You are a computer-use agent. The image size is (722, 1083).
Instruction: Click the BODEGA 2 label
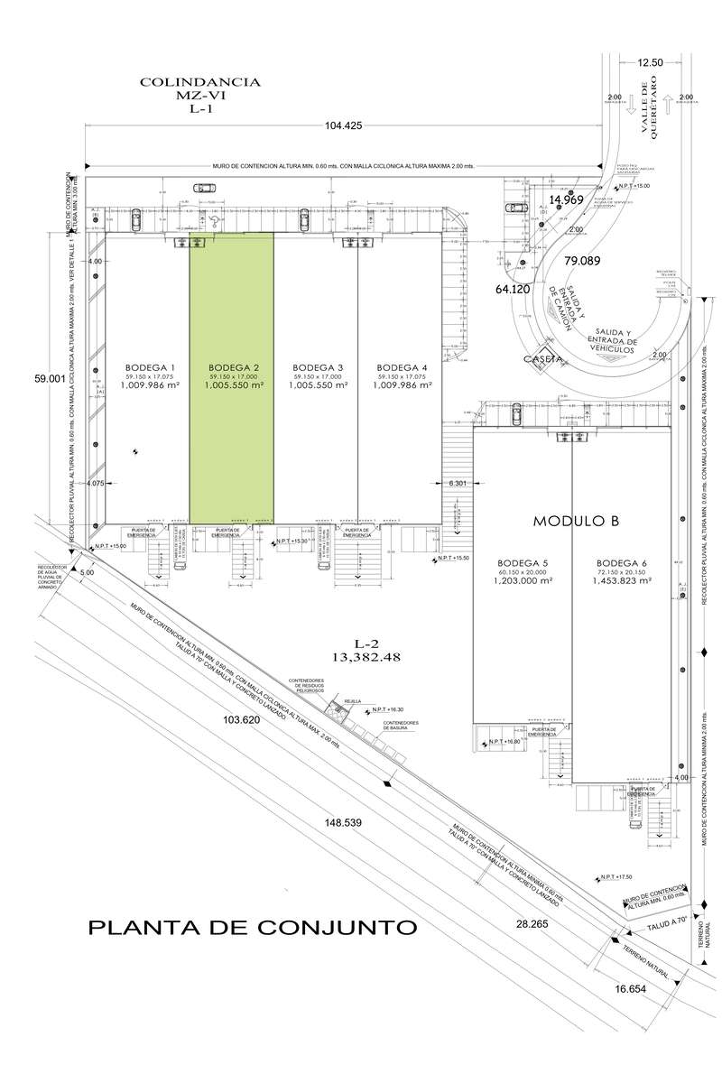click(234, 367)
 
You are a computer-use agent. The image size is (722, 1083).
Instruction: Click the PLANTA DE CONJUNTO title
click(252, 927)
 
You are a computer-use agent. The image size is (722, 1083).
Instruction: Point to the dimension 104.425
click(342, 126)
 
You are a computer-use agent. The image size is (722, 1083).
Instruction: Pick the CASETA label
click(542, 358)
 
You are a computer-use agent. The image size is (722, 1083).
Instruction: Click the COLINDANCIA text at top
click(200, 82)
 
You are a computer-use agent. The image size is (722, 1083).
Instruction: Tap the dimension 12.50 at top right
click(650, 63)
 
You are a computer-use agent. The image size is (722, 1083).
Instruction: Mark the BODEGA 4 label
click(403, 367)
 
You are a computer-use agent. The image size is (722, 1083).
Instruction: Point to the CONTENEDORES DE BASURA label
click(401, 727)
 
